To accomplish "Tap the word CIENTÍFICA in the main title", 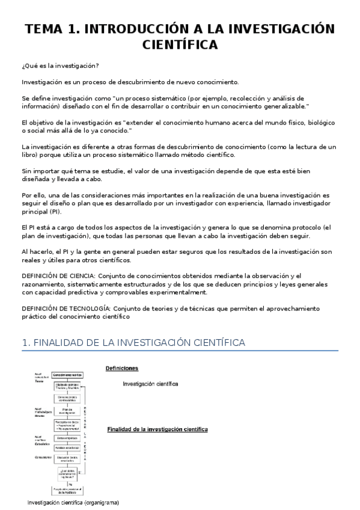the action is [x=180, y=46].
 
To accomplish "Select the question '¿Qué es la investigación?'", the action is [x=61, y=66].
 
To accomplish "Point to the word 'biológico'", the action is [x=317, y=123].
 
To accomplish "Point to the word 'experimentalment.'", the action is [x=174, y=292].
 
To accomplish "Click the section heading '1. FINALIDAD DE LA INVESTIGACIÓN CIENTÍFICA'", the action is [x=133, y=343].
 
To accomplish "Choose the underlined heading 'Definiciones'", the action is [x=122, y=367].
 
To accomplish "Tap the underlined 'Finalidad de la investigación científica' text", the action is [x=157, y=430].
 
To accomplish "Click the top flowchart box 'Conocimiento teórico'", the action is [x=67, y=374].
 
